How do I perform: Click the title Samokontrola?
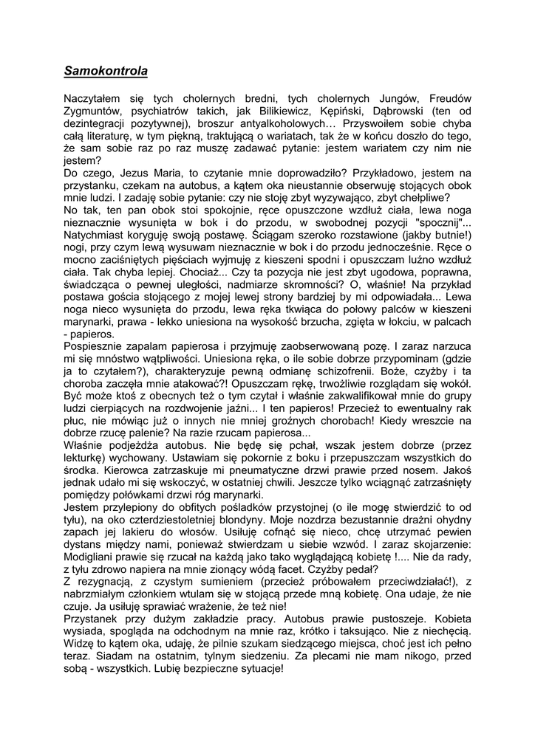[x=106, y=72]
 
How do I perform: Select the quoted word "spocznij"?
[x=440, y=222]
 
